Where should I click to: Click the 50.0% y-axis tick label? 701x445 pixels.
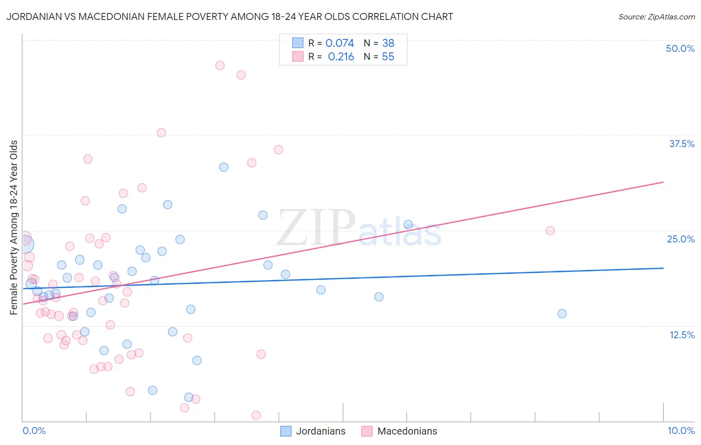(680, 48)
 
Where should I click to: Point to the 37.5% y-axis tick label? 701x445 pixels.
(682, 144)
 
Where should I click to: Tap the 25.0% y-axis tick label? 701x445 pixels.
(681, 239)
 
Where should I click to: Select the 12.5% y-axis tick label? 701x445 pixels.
(682, 335)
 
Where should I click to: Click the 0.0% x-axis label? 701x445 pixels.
(34, 431)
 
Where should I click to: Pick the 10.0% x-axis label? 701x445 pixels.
(681, 431)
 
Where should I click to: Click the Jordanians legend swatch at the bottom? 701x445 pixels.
(286, 431)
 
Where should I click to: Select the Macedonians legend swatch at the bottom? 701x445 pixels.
(367, 431)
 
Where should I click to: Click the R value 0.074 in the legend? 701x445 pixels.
(340, 43)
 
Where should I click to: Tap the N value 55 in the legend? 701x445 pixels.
(388, 57)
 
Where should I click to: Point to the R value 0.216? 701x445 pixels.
(341, 57)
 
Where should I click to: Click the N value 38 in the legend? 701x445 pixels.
(388, 43)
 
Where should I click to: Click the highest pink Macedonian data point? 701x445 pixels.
(220, 65)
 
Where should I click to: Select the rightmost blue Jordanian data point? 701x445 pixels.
(562, 314)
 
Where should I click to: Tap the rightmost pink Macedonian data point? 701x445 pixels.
(550, 230)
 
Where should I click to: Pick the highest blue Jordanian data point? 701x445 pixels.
(224, 167)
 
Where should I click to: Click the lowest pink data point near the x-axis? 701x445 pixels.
(256, 415)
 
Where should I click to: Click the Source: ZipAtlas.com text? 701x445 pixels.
(656, 16)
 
